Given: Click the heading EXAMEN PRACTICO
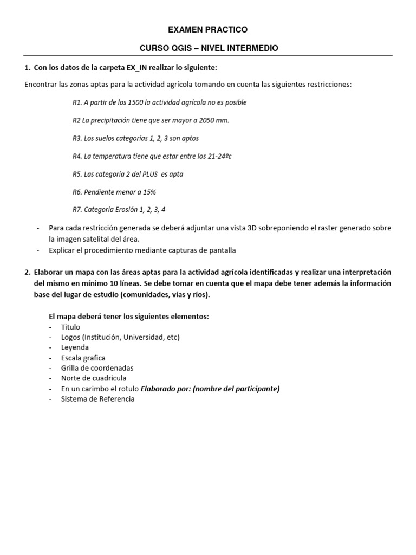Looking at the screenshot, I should (x=209, y=29).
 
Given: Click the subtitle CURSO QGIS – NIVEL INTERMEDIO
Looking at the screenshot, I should (x=209, y=48).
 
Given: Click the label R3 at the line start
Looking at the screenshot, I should (x=77, y=138).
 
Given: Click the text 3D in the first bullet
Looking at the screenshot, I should (x=252, y=228).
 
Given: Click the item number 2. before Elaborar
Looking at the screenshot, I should (x=27, y=272).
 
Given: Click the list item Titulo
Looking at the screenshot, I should (x=70, y=327).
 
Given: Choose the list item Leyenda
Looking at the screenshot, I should (x=75, y=347).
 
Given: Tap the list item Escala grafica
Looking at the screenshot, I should (x=83, y=358).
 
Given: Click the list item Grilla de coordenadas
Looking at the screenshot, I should (x=97, y=368).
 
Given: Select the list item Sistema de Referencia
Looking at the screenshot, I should (x=97, y=399).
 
